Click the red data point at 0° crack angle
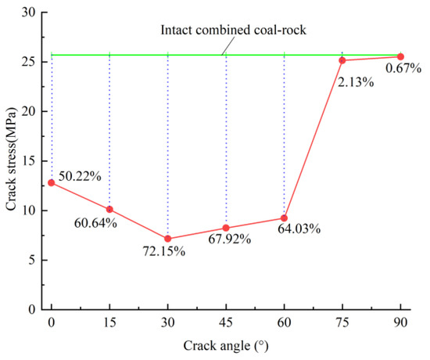(x=52, y=182)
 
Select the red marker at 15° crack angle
(x=109, y=209)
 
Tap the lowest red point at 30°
(x=167, y=239)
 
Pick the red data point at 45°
(x=226, y=228)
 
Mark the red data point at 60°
(x=284, y=218)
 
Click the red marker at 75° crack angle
(x=342, y=60)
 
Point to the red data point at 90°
(x=400, y=56)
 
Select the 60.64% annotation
(x=97, y=223)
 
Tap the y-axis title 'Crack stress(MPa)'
(x=12, y=160)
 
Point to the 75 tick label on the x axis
(x=342, y=322)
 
